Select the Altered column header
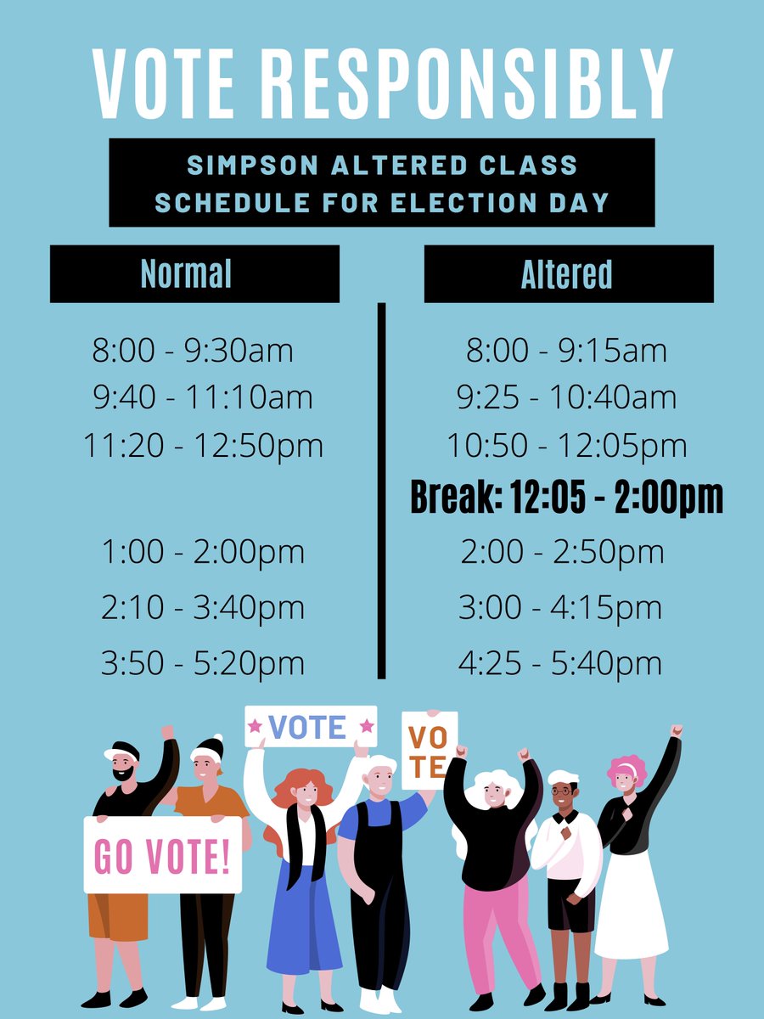[566, 273]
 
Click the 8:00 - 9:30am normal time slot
[193, 351]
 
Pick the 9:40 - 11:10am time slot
[202, 397]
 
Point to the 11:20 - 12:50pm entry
[204, 445]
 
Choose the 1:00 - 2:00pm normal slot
[203, 552]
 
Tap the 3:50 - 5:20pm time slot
[203, 663]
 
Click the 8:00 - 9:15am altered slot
[566, 351]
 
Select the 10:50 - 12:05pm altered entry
[567, 445]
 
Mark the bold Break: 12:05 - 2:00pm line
[567, 498]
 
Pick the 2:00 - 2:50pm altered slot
[562, 552]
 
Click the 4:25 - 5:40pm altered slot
[560, 663]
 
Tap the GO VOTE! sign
[162, 856]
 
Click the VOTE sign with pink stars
[310, 728]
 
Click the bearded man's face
[124, 766]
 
